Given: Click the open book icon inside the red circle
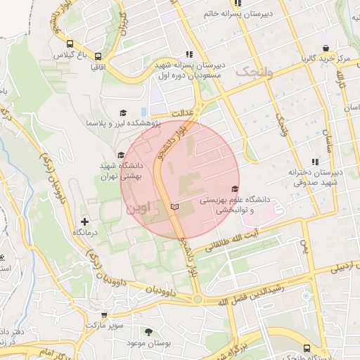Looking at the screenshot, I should [x=175, y=207].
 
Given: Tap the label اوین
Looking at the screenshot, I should [x=138, y=209].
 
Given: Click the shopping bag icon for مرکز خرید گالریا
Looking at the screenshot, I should [x=325, y=49].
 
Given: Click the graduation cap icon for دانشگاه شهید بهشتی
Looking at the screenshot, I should [x=120, y=155].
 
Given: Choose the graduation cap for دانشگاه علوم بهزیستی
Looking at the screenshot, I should [x=234, y=188].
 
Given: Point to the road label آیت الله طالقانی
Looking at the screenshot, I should [x=270, y=233].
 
